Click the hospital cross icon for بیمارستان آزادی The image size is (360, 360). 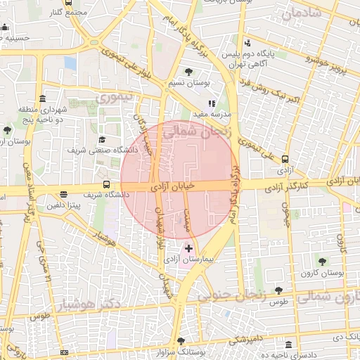pyautogui.click(x=188, y=249)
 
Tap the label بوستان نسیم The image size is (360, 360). pyautogui.click(x=189, y=83)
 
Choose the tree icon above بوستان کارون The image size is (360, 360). pyautogui.click(x=323, y=262)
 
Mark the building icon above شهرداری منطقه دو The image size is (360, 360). pyautogui.click(x=43, y=98)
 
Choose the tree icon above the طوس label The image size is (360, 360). pyautogui.click(x=279, y=290)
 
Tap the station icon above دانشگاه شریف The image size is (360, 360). pyautogui.click(x=106, y=184)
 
